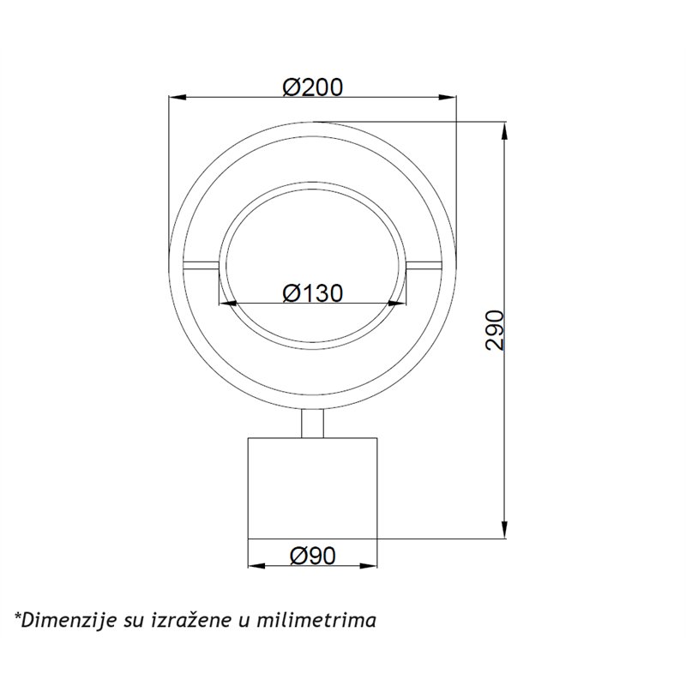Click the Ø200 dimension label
[x=312, y=87]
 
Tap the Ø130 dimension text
[x=312, y=293]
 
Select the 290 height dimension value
[x=495, y=330]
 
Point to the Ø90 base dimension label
[x=312, y=556]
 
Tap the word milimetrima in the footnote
[x=316, y=620]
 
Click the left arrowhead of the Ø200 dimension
[x=178, y=97]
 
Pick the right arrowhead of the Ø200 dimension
[x=448, y=97]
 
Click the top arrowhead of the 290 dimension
[x=505, y=131]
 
